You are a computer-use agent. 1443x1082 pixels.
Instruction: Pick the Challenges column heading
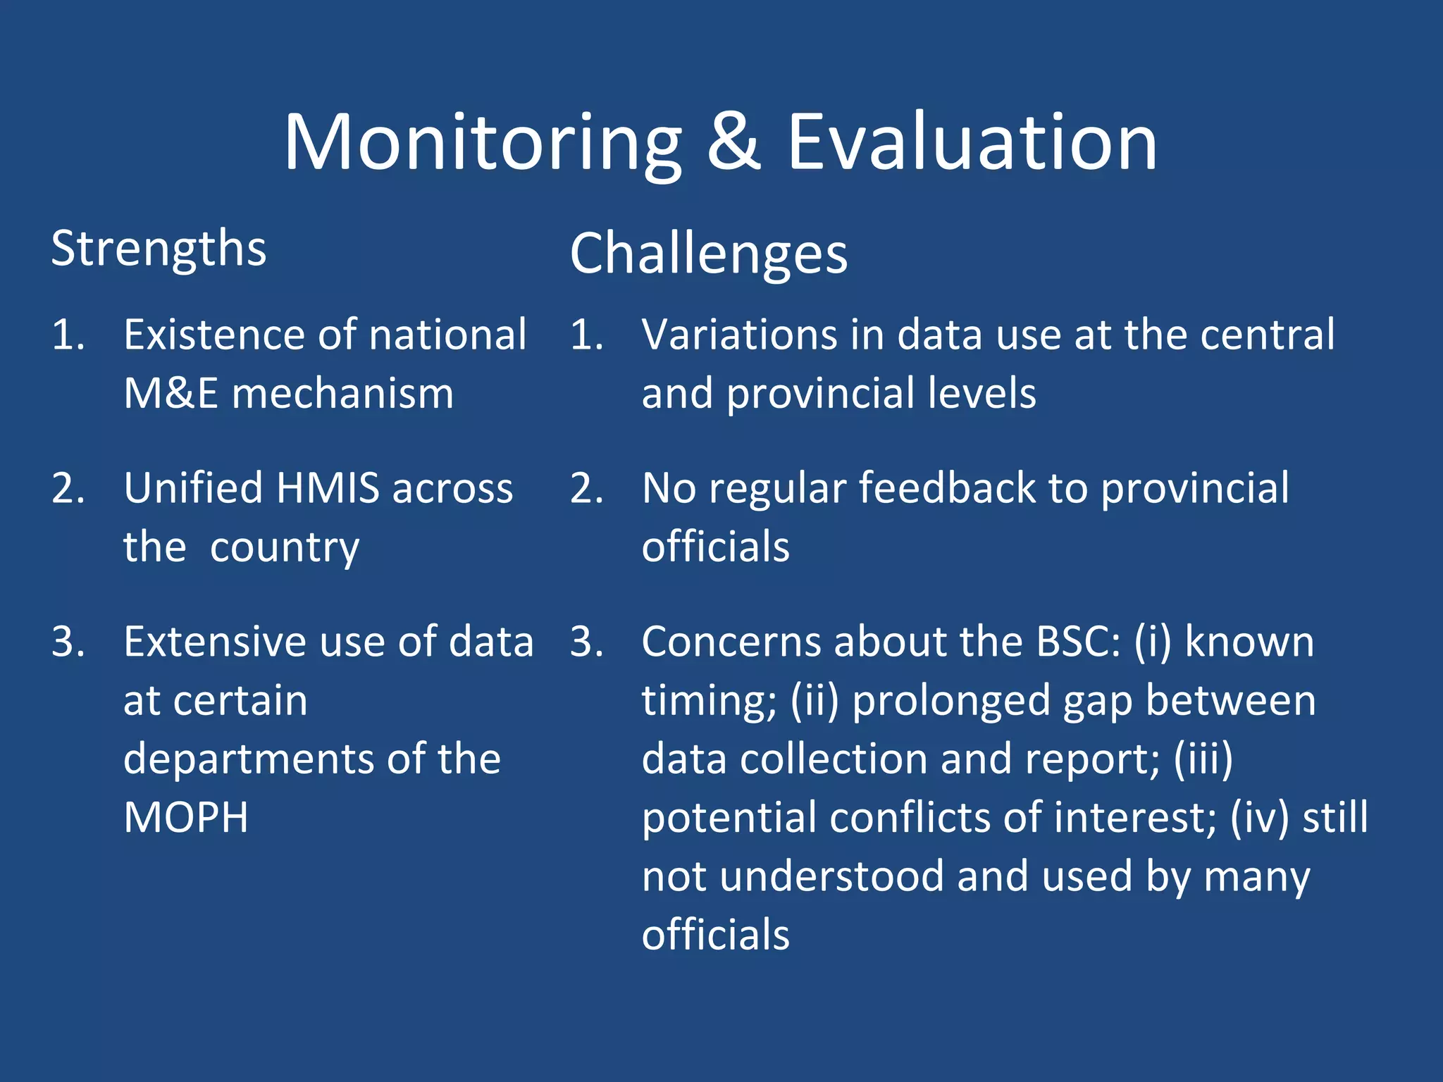pyautogui.click(x=708, y=254)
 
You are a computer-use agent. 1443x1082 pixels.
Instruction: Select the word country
pyautogui.click(x=284, y=548)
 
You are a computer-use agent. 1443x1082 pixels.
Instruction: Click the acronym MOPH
pyautogui.click(x=186, y=818)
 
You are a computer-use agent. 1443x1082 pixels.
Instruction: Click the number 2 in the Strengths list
pyautogui.click(x=68, y=488)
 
